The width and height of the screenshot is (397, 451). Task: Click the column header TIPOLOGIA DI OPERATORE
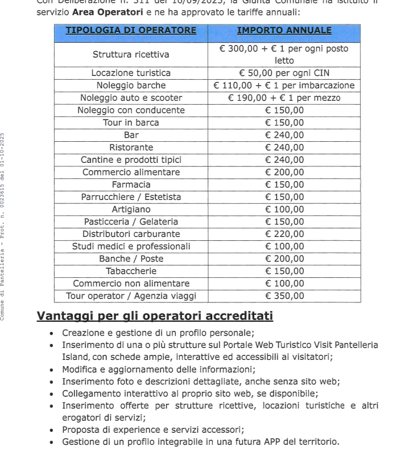coord(131,31)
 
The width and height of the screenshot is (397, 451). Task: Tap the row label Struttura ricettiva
coord(131,55)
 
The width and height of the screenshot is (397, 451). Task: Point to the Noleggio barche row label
coord(131,85)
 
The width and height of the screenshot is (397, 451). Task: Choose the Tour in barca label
coord(131,122)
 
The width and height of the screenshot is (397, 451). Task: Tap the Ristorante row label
coord(131,147)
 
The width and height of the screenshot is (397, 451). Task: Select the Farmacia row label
coord(131,184)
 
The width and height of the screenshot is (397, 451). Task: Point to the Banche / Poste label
coord(131,259)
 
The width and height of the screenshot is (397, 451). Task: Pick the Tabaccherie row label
coord(131,271)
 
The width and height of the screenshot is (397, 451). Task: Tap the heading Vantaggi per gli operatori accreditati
coord(155,315)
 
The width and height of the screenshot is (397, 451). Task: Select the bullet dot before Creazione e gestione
coord(52,333)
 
